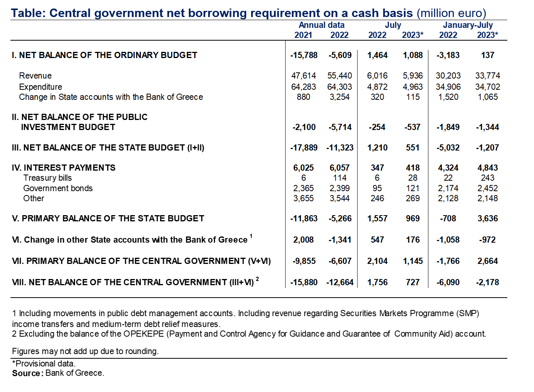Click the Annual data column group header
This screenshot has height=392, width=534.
pos(321,25)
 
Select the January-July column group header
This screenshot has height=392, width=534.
pos(468,25)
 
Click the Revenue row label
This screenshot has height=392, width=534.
pos(35,75)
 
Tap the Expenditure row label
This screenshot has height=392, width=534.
pos(41,87)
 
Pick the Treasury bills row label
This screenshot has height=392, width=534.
pos(48,178)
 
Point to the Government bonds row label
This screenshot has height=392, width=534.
pos(58,188)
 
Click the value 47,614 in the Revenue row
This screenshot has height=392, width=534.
pos(303,75)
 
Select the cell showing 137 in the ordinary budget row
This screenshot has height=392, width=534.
pos(488,55)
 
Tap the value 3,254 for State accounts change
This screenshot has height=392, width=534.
pos(339,97)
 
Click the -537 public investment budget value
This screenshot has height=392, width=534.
pos(412,127)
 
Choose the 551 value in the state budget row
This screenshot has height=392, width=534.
pos(412,147)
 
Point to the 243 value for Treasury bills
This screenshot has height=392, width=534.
pos(488,178)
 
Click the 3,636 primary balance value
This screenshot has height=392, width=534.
pos(488,218)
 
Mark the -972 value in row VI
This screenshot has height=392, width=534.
pos(487,240)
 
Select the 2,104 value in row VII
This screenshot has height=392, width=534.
pos(377,261)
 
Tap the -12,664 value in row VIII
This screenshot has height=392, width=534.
pos(340,282)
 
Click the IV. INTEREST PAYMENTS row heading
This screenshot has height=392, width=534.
pos(63,168)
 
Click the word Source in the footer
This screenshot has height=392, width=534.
pos(27,373)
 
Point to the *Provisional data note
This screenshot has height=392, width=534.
pos(44,364)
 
